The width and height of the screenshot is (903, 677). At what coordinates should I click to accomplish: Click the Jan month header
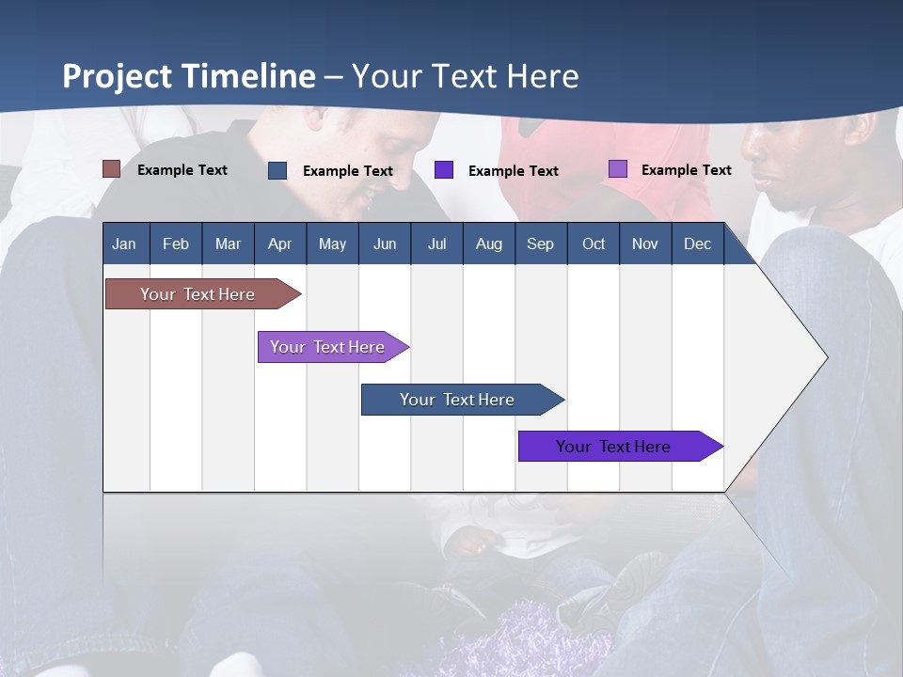pos(125,244)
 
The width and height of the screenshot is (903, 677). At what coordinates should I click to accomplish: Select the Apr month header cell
pos(280,244)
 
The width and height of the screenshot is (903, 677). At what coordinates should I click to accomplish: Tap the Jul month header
pos(436,244)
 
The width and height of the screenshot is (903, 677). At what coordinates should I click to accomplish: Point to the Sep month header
pos(540,244)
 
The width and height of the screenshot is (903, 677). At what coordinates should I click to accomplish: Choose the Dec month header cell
pos(697,244)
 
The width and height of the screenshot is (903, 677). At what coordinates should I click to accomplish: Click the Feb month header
pos(176,244)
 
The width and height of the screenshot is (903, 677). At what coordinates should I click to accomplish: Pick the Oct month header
pos(593,244)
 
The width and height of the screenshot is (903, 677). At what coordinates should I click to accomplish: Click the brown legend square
pos(111,169)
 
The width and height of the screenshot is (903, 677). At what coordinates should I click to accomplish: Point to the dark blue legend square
pos(277,170)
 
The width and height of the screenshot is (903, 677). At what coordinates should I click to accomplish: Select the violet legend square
pos(444,170)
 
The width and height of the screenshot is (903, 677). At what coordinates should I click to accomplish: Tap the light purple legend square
pos(617,169)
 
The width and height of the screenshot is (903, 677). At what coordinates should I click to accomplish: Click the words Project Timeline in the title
pos(189,76)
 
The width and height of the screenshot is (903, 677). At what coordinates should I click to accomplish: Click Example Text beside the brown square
pos(182,170)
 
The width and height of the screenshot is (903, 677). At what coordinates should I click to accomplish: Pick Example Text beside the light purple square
pos(686,170)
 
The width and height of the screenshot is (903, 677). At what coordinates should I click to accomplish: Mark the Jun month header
pos(385,244)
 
